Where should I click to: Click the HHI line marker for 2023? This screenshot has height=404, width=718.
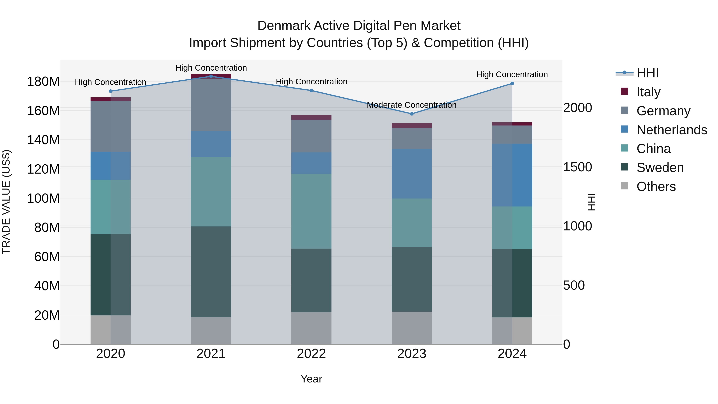[x=412, y=114]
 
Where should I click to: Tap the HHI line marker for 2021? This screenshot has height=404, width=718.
[x=211, y=76]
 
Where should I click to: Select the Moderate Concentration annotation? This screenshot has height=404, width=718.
[x=411, y=105]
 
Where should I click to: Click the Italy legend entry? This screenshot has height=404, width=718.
[x=648, y=92]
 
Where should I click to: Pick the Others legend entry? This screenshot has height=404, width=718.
[x=656, y=186]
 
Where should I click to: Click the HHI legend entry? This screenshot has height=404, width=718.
[x=647, y=73]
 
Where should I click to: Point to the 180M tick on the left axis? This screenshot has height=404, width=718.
[x=43, y=82]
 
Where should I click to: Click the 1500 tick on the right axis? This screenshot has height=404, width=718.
[x=578, y=167]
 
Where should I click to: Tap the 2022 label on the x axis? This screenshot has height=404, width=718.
[x=311, y=354]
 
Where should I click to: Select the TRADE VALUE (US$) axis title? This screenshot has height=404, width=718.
[x=6, y=202]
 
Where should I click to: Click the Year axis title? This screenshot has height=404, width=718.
[x=311, y=379]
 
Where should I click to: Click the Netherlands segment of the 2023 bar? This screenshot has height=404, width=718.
[x=412, y=174]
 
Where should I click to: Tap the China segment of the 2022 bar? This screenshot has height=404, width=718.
[x=311, y=211]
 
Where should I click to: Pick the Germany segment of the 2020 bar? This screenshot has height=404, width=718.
[x=111, y=126]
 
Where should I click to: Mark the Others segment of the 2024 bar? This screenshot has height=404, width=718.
[x=512, y=331]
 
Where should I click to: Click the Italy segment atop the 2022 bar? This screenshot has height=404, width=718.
[x=311, y=117]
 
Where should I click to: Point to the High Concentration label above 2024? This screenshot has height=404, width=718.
[x=512, y=74]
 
